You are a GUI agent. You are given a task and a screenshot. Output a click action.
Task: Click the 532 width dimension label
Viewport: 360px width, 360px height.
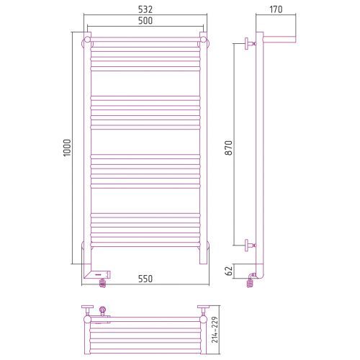pyautogui.click(x=145, y=9)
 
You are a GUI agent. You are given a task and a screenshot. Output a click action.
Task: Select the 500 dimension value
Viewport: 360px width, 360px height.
pyautogui.click(x=145, y=21)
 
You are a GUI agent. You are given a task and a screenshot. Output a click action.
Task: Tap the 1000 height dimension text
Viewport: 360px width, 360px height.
pyautogui.click(x=67, y=148)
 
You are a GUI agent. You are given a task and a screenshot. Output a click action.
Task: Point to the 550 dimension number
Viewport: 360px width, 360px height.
pyautogui.click(x=145, y=279)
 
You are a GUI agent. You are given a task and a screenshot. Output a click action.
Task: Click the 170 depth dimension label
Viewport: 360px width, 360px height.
pyautogui.click(x=276, y=9)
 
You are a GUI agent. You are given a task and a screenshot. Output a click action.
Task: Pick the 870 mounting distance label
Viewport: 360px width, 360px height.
pyautogui.click(x=229, y=148)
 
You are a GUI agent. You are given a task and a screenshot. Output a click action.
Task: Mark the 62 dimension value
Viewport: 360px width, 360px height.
pyautogui.click(x=229, y=271)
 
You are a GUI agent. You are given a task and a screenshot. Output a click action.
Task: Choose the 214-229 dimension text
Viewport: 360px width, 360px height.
pyautogui.click(x=215, y=330)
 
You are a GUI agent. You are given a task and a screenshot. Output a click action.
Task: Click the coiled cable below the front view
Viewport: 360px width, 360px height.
pyautogui.click(x=102, y=283)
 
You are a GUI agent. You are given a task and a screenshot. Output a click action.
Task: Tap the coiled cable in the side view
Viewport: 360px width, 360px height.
pyautogui.click(x=250, y=282)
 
